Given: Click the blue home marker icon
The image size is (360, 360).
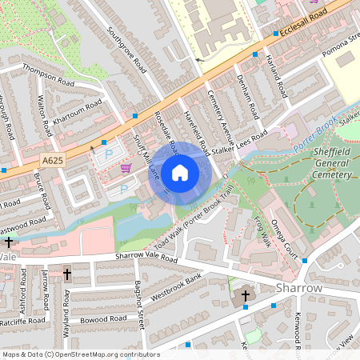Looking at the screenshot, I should [180, 172].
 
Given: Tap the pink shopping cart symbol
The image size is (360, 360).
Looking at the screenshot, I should [126, 167].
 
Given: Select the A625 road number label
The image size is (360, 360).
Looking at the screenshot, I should [52, 161].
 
